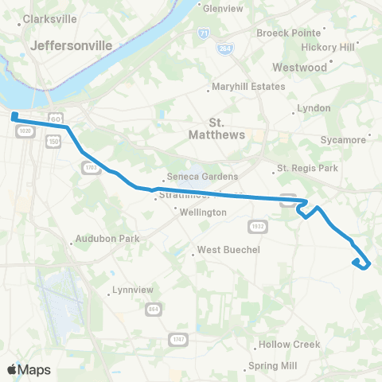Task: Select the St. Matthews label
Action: click(x=227, y=129)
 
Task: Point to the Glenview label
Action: click(x=223, y=9)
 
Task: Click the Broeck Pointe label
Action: click(x=288, y=33)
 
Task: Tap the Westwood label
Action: click(x=300, y=68)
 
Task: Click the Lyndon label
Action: click(x=313, y=107)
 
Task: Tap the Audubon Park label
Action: click(x=107, y=238)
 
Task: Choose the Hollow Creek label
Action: click(x=288, y=345)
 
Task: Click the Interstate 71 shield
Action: click(x=205, y=33)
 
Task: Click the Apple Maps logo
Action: click(x=29, y=369)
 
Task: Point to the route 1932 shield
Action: click(x=257, y=226)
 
